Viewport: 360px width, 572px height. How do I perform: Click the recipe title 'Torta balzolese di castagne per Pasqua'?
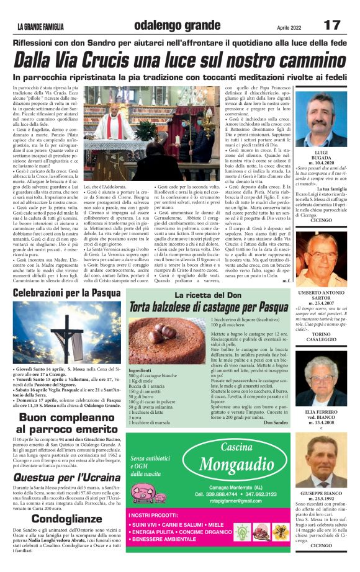pos(209,307)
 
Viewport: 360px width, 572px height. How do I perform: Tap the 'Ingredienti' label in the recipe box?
pos(140,370)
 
